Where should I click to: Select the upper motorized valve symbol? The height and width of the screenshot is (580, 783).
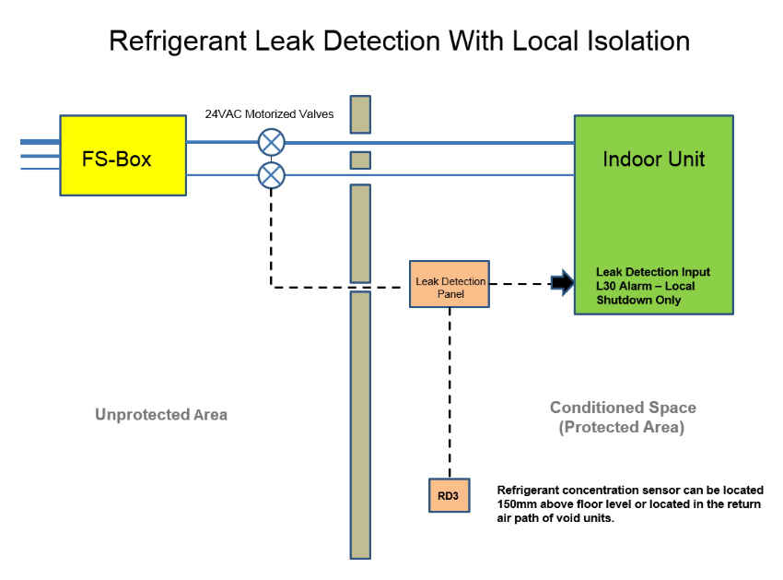271,142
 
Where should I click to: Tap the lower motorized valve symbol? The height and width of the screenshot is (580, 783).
271,175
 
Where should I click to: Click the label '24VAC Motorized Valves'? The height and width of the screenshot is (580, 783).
269,115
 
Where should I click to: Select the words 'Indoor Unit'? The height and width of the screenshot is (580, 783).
653,159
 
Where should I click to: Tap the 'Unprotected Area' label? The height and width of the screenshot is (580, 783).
161,415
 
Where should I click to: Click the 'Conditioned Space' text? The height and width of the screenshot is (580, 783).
623,408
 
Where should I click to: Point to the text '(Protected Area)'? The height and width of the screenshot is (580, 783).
623,427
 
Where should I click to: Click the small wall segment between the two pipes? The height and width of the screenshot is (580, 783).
360,160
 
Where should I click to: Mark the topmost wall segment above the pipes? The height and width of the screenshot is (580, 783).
360,114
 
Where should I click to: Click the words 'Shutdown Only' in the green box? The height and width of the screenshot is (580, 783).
638,300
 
